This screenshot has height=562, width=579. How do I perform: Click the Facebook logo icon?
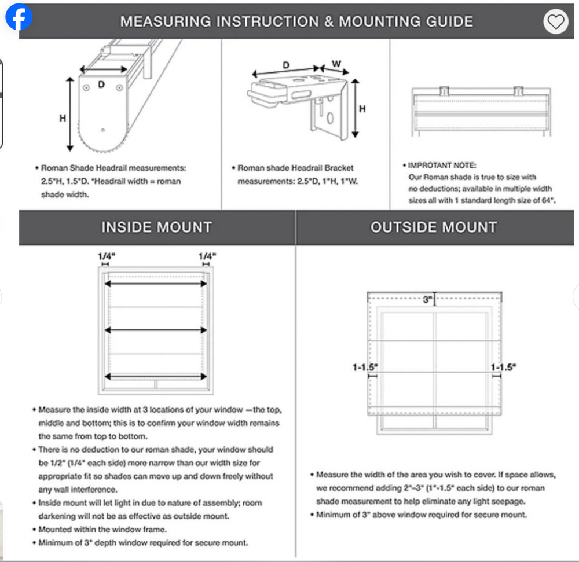tap(19, 17)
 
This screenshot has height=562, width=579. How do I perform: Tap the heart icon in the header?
tap(556, 22)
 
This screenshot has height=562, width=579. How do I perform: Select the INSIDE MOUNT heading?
tap(157, 227)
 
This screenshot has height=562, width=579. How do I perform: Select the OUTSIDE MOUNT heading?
tap(434, 227)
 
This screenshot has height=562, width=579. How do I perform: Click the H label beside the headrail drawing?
tap(63, 118)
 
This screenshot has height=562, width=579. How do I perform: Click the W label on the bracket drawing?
tap(336, 63)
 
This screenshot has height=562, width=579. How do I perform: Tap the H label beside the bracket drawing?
tap(362, 108)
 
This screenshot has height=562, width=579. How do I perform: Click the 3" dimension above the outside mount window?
tap(428, 300)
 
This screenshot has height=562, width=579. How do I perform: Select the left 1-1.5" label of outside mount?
tap(365, 366)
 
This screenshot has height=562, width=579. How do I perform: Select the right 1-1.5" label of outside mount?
tap(503, 366)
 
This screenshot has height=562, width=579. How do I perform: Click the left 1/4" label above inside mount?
tap(106, 255)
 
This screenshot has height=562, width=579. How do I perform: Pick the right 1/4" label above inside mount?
tap(207, 255)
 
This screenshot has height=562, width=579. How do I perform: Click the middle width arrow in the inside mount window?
tap(155, 330)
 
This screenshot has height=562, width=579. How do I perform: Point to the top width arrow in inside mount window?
tap(155, 284)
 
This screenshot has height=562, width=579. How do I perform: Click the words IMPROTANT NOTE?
tap(442, 166)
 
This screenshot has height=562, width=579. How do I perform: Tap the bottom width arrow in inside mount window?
tap(155, 373)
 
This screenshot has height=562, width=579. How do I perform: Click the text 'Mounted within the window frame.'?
tap(102, 530)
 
